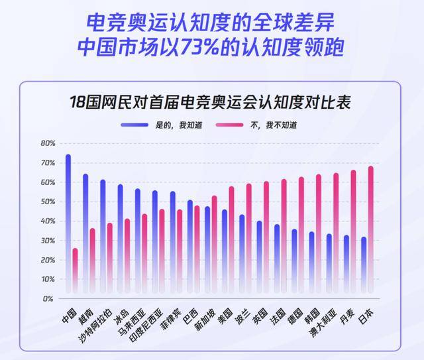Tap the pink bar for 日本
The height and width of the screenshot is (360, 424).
tap(370, 229)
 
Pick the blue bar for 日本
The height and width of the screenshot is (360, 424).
tap(364, 265)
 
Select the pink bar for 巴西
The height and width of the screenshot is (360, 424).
tap(197, 249)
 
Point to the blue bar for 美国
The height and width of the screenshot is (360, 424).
tap(225, 251)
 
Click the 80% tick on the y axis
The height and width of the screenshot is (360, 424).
tap(48, 143)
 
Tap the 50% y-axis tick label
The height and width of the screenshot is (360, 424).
tap(48, 202)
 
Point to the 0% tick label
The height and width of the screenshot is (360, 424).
tap(50, 299)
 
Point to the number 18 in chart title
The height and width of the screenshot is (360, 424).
tap(78, 103)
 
